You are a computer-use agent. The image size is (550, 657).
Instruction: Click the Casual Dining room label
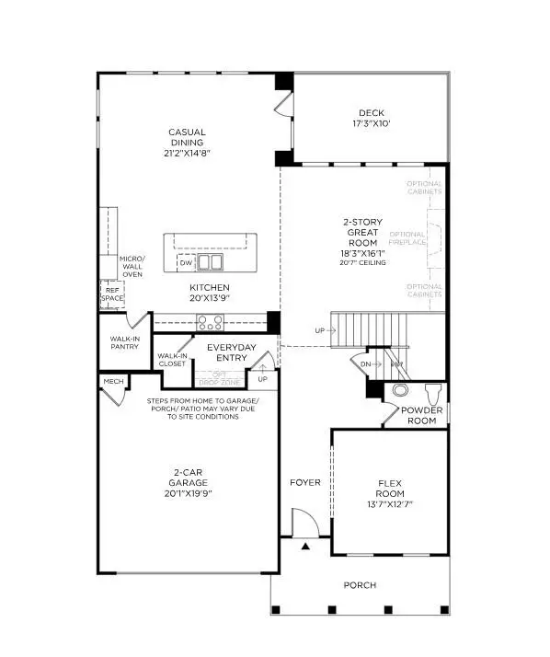187,138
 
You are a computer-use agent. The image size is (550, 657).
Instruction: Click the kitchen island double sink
211,262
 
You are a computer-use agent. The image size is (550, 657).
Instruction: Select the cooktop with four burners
211,322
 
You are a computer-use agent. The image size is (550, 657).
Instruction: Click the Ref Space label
111,294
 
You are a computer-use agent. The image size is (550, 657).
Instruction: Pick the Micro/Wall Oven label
132,266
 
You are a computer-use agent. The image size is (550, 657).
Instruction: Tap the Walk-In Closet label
172,360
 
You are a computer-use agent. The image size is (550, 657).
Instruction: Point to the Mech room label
113,381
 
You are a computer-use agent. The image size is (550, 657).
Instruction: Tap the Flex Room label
390,488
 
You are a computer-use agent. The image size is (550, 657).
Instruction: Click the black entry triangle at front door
306,547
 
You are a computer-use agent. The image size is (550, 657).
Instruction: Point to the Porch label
360,585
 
